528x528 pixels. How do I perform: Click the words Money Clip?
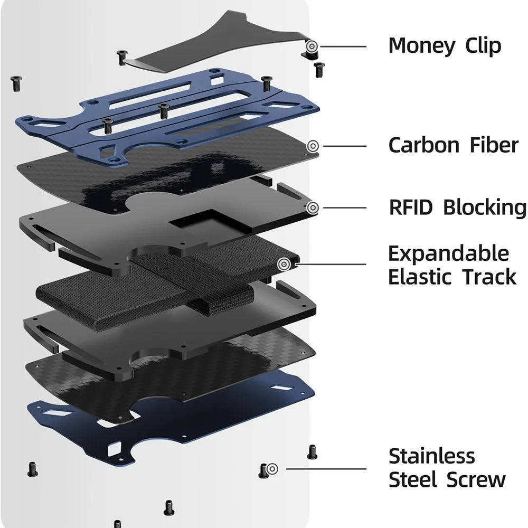tap(444, 46)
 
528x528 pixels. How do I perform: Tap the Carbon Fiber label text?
tap(453, 145)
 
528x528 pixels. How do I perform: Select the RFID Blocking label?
tap(457, 208)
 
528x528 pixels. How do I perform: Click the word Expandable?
tap(448, 254)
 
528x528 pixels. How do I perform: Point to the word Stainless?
tap(431, 456)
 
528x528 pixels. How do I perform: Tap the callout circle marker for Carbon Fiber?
tap(313, 145)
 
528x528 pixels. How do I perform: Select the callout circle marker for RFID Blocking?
tap(313, 208)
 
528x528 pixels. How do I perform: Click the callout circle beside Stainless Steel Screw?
tap(272, 468)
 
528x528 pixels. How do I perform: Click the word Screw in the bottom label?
tap(476, 480)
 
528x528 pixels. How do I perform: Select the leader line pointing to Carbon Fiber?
tap(346, 145)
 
